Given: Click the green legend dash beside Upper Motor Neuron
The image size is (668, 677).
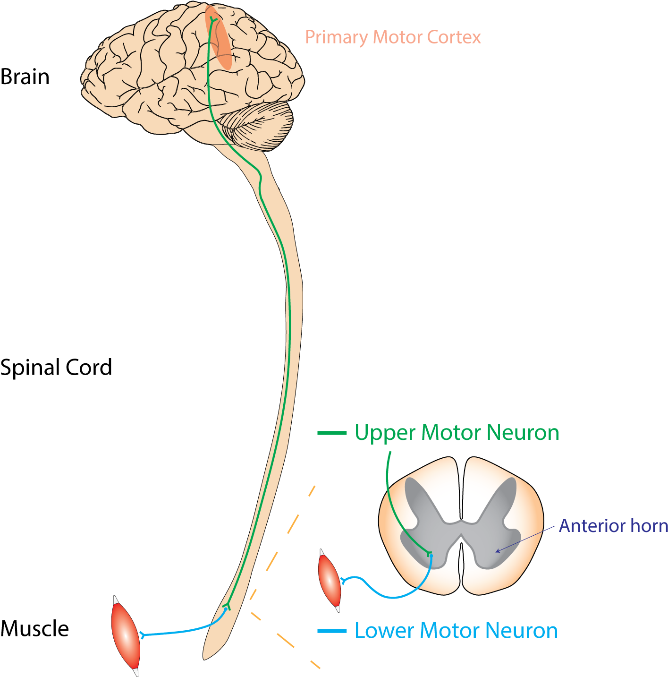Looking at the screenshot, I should pyautogui.click(x=332, y=433).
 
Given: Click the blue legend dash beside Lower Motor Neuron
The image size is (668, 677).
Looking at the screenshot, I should pyautogui.click(x=332, y=631).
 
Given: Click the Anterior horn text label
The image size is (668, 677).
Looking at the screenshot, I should pyautogui.click(x=613, y=526).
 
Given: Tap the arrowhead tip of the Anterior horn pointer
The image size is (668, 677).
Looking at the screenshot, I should pyautogui.click(x=496, y=551).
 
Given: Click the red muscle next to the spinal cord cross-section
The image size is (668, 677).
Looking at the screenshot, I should pyautogui.click(x=330, y=581).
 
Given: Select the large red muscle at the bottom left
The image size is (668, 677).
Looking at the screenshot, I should pyautogui.click(x=125, y=635).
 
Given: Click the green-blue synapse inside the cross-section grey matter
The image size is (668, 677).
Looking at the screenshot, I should pyautogui.click(x=430, y=554).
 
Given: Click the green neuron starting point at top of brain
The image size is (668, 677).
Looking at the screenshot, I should pyautogui.click(x=213, y=19).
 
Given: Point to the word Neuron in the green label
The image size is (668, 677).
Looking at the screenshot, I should pyautogui.click(x=523, y=433).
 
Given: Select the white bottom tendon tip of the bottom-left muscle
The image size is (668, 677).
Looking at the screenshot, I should pyautogui.click(x=136, y=671).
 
